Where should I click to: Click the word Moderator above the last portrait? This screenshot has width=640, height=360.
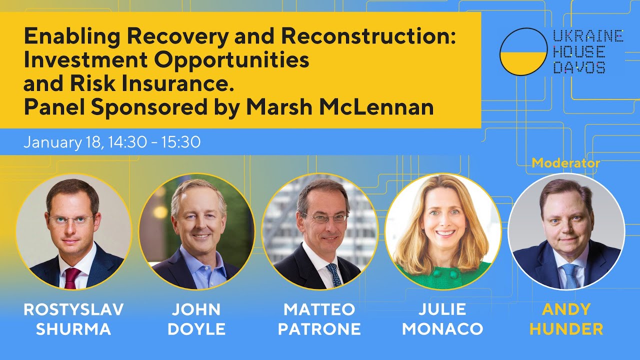click(x=565, y=163)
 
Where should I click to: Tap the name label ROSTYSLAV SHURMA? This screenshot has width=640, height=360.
click(x=73, y=319)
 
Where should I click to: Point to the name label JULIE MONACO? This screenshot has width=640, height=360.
click(x=442, y=319)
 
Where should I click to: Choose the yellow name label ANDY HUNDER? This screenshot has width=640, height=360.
click(x=566, y=319)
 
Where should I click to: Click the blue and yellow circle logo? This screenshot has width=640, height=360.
click(x=523, y=51)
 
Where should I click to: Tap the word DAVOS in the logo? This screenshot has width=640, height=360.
click(x=579, y=67)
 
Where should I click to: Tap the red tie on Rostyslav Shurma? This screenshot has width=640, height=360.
click(x=71, y=278)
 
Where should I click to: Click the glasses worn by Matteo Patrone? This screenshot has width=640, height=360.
click(x=324, y=218)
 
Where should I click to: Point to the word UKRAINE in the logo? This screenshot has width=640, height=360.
click(x=587, y=36)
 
